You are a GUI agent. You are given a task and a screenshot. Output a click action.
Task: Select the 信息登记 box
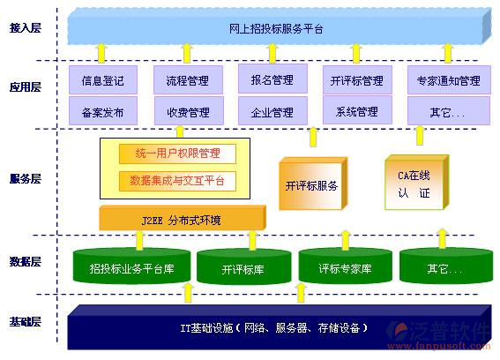102,81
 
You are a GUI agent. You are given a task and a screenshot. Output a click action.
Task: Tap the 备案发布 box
102,112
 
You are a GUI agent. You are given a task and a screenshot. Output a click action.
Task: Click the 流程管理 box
187,81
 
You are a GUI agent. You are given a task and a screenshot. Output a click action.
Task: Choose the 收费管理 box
187,112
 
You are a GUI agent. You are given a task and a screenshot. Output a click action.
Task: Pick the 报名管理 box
271,80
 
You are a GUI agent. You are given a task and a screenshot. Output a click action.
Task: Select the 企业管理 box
271,112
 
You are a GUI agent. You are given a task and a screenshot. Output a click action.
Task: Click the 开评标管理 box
355,81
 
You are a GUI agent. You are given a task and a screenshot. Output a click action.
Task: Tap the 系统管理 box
355,112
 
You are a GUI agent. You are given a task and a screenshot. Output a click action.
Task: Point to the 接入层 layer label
26,29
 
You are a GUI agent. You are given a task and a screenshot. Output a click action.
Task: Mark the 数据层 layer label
26,261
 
